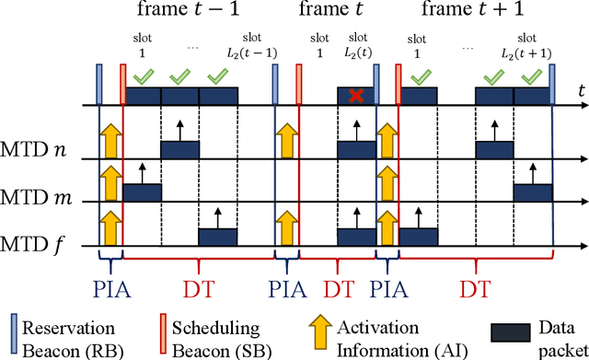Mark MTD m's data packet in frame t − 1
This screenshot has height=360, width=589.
point(142,192)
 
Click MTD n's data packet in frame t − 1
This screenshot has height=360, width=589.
point(179,149)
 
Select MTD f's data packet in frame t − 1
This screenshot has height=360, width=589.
point(218,237)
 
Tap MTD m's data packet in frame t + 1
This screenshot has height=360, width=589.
point(533,192)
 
